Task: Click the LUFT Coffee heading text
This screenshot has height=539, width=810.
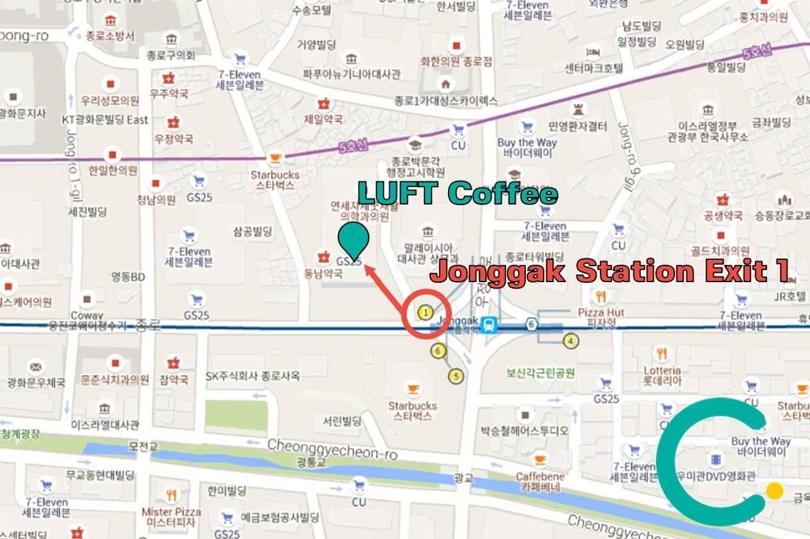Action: point(458,193)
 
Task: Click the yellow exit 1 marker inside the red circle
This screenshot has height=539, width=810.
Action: point(426,312)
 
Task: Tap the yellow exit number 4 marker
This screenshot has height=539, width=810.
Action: point(571,341)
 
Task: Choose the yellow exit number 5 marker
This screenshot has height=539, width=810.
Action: point(456,376)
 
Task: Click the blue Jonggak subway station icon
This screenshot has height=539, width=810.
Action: point(489,325)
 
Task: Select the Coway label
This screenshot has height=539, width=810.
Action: point(87,315)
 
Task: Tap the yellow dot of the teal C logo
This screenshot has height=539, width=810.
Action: point(774,491)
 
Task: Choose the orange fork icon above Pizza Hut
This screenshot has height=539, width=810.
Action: point(601,295)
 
